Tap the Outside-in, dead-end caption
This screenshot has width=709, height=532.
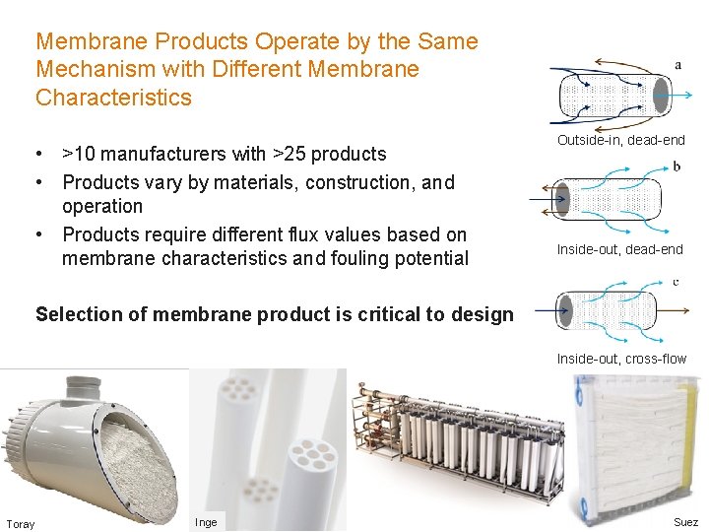(620, 140)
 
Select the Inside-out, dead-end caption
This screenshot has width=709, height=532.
(619, 249)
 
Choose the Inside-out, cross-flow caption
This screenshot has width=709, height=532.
(621, 359)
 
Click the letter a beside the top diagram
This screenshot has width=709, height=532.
(678, 65)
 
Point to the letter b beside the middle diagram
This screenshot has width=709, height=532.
(677, 166)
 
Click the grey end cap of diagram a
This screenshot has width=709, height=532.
(660, 95)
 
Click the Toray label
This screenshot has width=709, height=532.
(20, 524)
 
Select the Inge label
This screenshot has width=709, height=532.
(206, 522)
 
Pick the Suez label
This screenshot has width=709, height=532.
(685, 522)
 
